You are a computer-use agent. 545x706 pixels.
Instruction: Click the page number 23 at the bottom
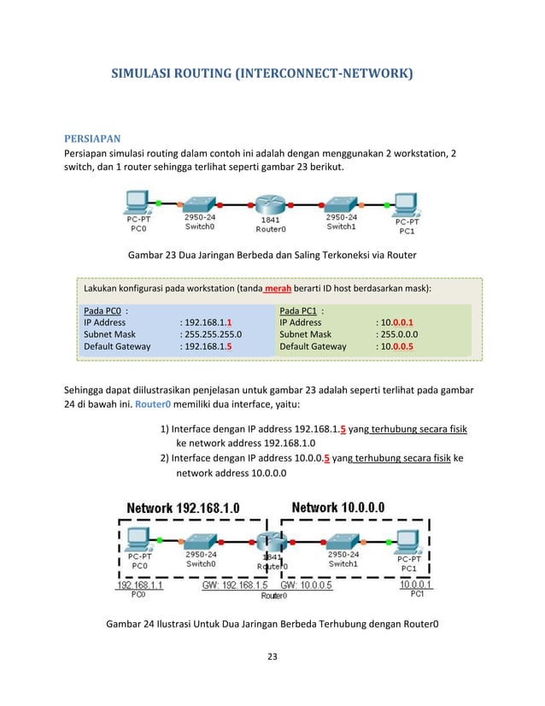pos(272,656)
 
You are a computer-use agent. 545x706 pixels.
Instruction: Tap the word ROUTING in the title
pos(195,76)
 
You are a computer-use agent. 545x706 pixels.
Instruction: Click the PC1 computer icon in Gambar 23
pos(406,202)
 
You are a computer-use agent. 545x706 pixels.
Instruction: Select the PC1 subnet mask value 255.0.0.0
pos(402,334)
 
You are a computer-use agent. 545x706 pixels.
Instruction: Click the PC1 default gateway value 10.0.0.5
pos(398,347)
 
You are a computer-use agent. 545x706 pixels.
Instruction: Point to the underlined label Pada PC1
pos(301,310)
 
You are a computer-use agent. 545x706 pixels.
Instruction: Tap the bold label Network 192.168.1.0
pos(183,509)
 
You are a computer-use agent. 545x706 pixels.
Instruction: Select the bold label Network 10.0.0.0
pos(338,508)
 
